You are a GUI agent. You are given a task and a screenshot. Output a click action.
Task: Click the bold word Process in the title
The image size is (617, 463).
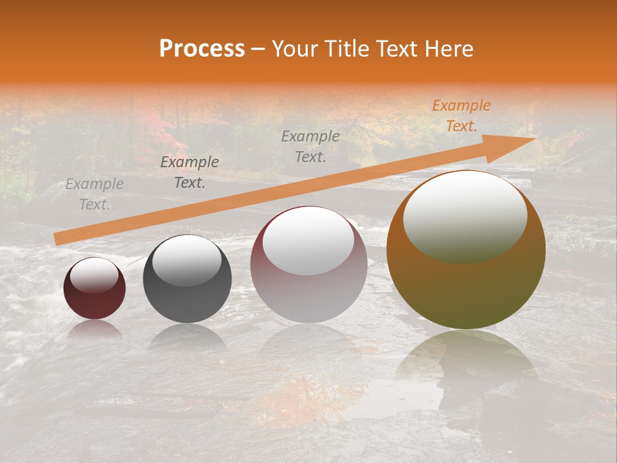coord(202,49)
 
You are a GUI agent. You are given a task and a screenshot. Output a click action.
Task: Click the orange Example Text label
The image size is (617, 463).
coord(461,116)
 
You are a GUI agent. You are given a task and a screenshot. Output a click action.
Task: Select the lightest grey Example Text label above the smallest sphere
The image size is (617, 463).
coord(94,194)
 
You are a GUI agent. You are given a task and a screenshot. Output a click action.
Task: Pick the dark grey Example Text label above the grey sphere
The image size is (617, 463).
coord(190,172)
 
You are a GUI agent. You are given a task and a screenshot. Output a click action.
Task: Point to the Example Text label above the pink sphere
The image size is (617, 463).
coord(310,146)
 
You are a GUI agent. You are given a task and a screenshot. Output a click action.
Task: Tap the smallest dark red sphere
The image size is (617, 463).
coord(94,302)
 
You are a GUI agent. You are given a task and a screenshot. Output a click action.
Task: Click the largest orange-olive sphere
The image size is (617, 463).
coord(466,289)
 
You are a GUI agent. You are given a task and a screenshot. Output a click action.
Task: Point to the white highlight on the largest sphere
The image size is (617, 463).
coord(465,215)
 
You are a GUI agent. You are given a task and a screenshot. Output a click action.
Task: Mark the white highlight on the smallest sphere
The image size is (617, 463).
coord(94,275)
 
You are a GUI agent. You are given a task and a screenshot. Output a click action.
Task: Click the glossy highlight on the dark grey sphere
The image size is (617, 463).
coord(186,260)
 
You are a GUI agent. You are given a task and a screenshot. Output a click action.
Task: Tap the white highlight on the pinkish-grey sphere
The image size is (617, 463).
coord(308,240)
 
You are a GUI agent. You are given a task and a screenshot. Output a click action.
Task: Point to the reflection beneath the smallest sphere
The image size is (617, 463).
coord(94,330)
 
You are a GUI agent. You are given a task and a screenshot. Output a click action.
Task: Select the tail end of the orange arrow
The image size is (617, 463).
coord(58,239)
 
